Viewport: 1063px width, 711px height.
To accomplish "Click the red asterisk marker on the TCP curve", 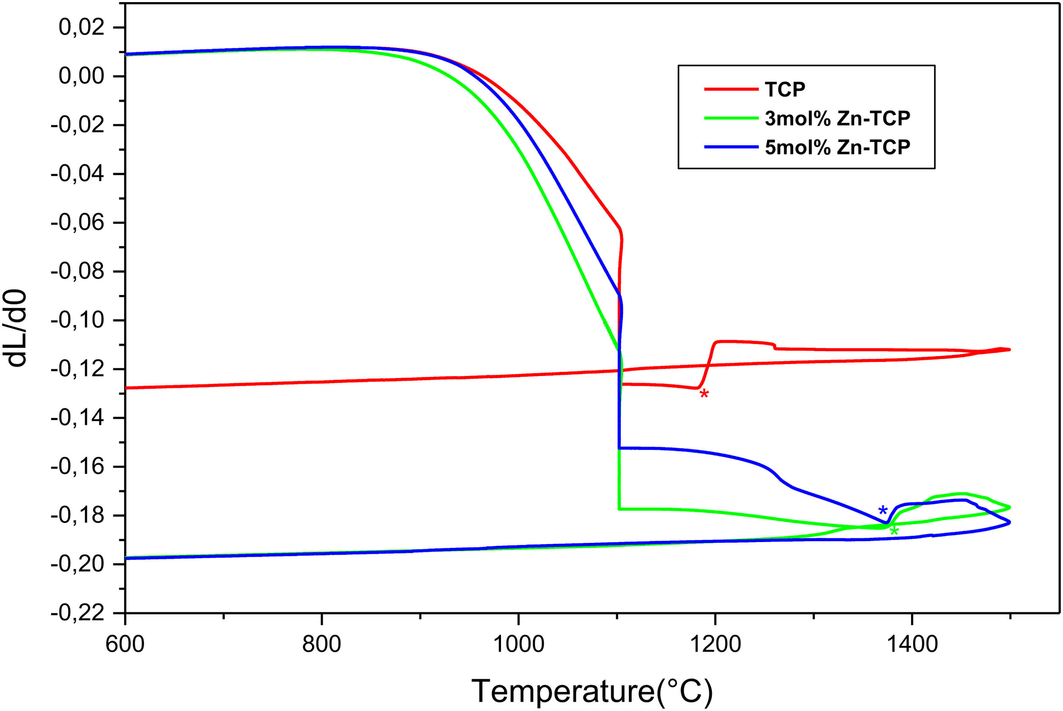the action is pos(704,393).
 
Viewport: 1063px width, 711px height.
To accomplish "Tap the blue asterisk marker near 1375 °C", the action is pos(883,510).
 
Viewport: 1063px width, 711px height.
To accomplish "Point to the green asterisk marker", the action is pos(894,531).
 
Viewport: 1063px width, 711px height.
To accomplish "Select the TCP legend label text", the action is pos(785,89).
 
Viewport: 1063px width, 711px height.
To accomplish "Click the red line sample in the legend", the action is pos(731,89).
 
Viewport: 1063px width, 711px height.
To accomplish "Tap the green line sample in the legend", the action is pos(731,118).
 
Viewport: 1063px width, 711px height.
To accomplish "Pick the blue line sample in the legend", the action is pos(731,147).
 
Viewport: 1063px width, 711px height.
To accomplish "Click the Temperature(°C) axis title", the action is pos(592,692).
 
